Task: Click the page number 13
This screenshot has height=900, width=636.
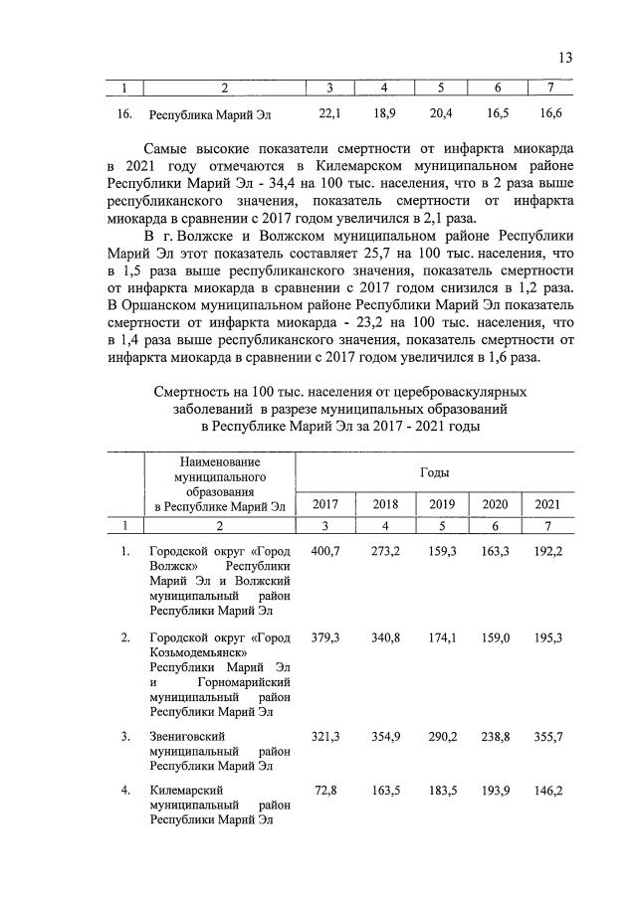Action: (x=564, y=58)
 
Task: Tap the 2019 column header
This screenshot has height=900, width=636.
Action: (x=442, y=504)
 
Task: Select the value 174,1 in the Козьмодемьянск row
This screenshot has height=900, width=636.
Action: (x=442, y=636)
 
